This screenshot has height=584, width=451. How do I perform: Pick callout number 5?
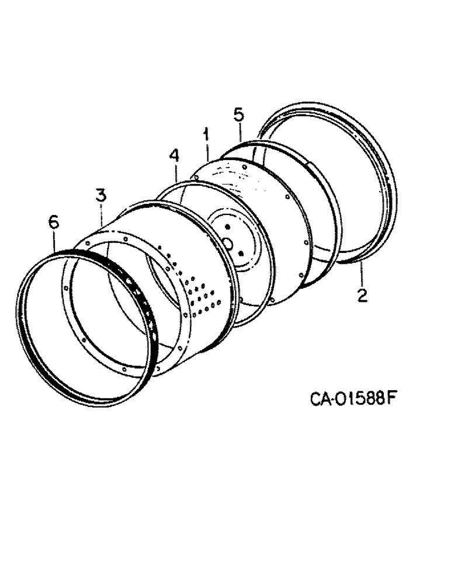click(238, 114)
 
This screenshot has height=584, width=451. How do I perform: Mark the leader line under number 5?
click(240, 133)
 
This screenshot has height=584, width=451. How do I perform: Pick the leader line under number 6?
click(55, 241)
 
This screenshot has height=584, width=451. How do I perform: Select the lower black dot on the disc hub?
click(240, 252)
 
